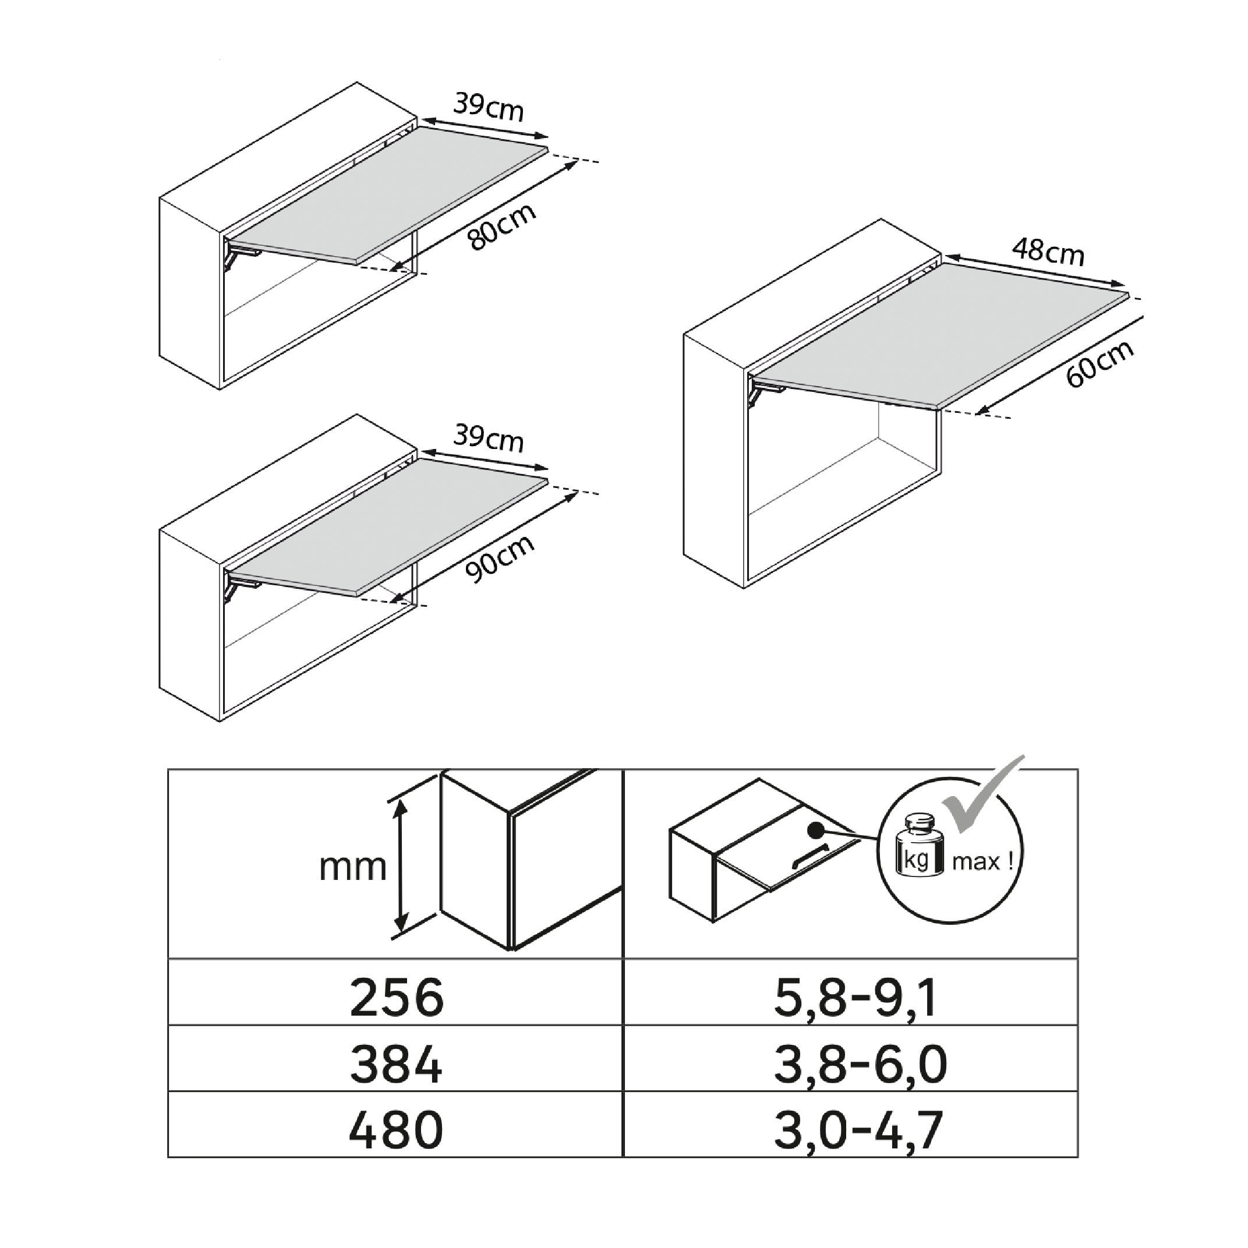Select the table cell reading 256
(x=396, y=998)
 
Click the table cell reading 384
(x=396, y=1064)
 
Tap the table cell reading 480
(x=396, y=1130)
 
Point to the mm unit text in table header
(x=353, y=868)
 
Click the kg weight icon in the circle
(x=918, y=846)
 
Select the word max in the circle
(x=975, y=862)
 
